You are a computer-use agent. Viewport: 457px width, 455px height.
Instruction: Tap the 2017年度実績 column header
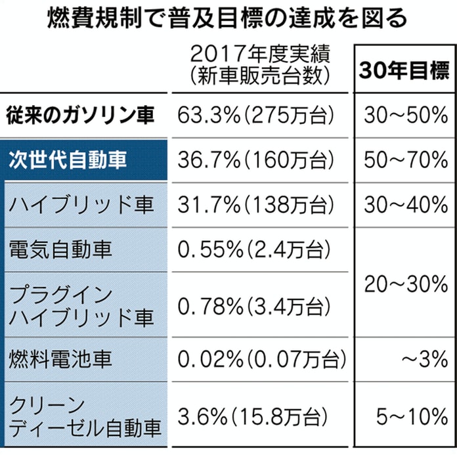[x=258, y=64]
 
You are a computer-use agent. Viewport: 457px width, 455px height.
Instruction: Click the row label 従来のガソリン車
[x=81, y=116]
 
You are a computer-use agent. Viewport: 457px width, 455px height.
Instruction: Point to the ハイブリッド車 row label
[x=81, y=204]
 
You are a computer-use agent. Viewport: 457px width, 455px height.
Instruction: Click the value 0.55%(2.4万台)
[x=253, y=249]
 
